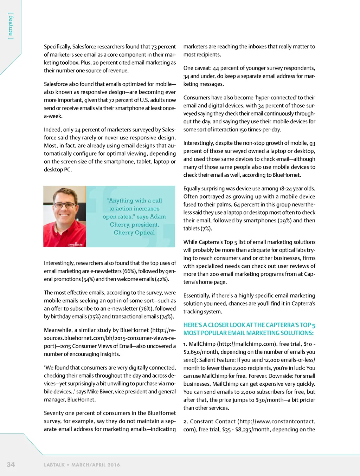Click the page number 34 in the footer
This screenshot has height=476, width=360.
point(11,464)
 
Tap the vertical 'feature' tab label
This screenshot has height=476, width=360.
point(11,26)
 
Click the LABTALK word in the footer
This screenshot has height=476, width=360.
point(54,465)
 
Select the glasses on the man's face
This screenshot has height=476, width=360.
point(64,205)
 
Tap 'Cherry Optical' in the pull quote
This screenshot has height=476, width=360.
point(134,233)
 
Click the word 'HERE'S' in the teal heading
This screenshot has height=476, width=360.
point(193,325)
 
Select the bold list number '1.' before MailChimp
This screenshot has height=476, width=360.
point(185,344)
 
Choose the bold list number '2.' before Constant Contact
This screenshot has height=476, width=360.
point(186,422)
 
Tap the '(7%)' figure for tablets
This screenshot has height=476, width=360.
point(206,228)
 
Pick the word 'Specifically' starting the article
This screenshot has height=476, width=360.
point(57,47)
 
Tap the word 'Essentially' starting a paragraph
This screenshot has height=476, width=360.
point(197,296)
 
